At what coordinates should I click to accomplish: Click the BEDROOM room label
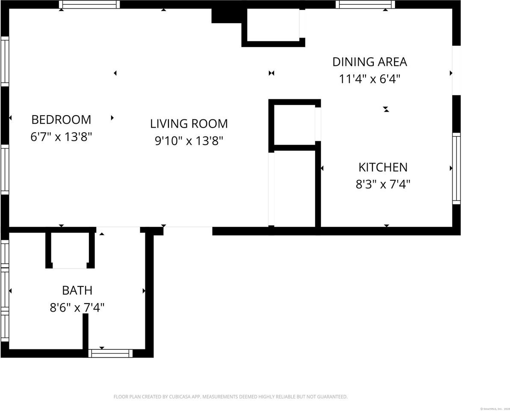61,119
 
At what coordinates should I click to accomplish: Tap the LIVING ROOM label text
189,124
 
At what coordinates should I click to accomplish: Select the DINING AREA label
369,62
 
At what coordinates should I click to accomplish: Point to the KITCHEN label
383,167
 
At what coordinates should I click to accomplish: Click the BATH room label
77,290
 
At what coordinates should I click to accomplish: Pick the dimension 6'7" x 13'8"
61,137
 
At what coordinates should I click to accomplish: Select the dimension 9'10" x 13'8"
189,141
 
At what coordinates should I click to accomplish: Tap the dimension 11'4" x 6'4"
369,79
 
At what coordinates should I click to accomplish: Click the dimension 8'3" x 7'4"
383,185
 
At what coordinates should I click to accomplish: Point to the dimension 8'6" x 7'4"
77,307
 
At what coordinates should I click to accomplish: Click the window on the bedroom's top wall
89,5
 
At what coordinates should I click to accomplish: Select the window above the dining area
365,5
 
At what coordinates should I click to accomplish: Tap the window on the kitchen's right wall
457,168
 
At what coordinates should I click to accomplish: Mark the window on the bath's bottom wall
110,353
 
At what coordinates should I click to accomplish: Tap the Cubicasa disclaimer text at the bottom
230,397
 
